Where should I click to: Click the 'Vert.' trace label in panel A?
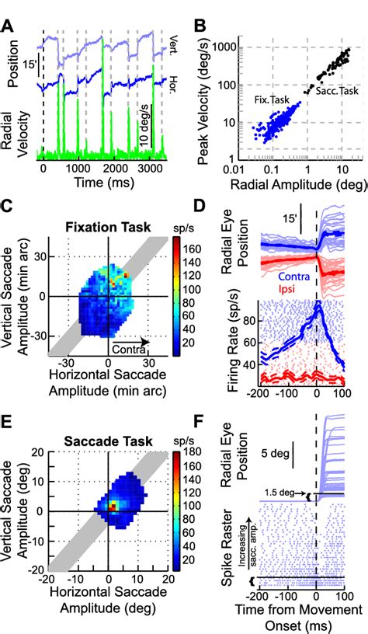[x=174, y=39]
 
